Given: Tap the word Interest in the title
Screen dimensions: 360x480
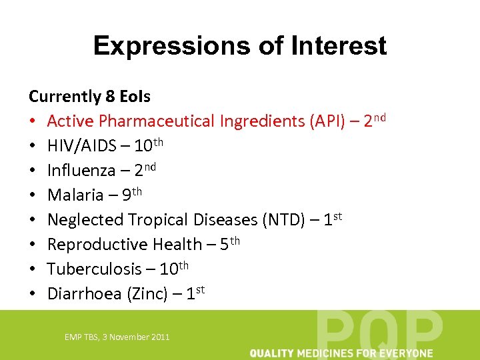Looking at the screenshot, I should (x=338, y=46).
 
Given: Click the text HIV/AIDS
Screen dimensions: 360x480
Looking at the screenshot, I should (x=80, y=146).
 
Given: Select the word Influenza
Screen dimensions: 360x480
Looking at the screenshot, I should (x=81, y=171).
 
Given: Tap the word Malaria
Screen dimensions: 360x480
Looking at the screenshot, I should (x=73, y=195).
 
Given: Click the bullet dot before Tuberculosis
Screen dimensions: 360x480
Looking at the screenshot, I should (x=33, y=269).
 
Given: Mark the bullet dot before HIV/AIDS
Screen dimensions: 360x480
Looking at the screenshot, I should (x=33, y=146).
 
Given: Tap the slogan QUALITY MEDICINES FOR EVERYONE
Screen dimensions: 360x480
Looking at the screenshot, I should (x=341, y=353).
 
